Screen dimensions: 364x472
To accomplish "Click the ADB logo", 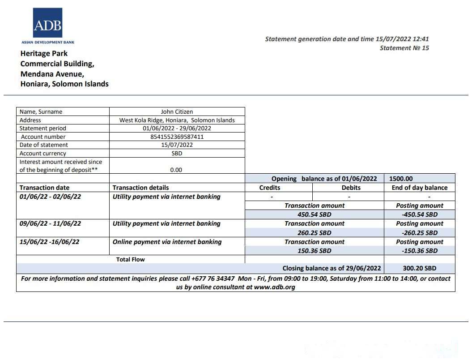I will [47, 23].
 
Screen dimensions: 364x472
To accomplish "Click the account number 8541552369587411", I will [177, 137].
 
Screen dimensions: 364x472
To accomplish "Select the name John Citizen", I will [177, 111].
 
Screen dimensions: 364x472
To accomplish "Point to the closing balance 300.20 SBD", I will [419, 268].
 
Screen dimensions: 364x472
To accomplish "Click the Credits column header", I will [270, 188].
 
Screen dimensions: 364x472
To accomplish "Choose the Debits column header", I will [348, 188].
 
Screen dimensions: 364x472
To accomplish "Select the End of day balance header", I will [419, 188].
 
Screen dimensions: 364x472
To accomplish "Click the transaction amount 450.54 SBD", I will [314, 214].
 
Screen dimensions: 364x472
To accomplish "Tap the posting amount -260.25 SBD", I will [419, 233].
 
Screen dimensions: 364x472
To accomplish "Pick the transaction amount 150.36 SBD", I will [314, 251].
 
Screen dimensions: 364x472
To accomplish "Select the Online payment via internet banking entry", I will [167, 242].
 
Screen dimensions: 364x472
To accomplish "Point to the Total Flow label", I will [130, 259].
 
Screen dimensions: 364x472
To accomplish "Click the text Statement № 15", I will [404, 48].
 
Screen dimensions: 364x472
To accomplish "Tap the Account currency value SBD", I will [177, 153].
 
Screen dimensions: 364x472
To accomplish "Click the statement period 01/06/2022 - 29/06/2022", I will [177, 128].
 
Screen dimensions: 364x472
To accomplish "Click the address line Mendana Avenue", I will [52, 74].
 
